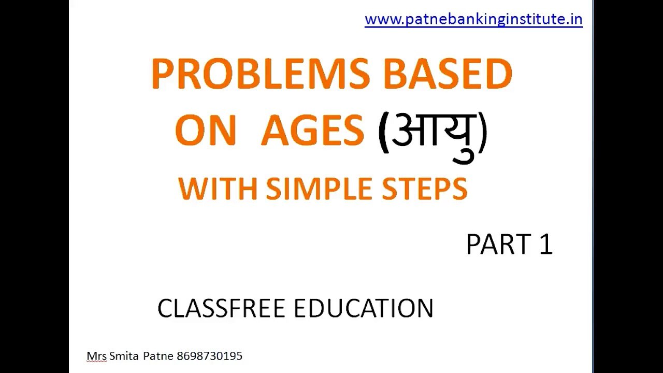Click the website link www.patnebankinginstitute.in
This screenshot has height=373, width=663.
coord(473,20)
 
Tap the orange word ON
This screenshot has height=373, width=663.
coord(205,131)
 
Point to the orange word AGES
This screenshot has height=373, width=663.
coord(312,131)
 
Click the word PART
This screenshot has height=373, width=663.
coord(498,245)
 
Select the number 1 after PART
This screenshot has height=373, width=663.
coord(546,245)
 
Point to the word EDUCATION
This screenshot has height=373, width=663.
coord(363,309)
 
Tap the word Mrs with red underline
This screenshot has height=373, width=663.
coord(96,356)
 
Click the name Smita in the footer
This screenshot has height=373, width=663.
coord(124,356)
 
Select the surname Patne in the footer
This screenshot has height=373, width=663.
coord(158,356)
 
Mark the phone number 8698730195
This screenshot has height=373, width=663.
coord(209,356)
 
